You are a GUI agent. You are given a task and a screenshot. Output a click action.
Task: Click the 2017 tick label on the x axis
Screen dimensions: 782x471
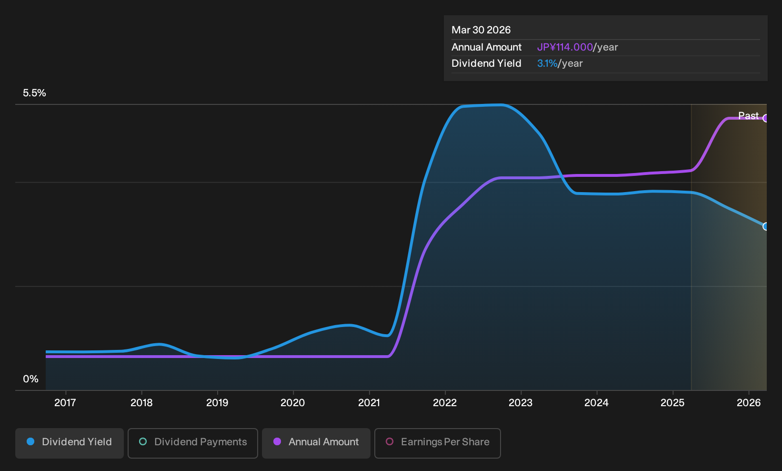[65, 403]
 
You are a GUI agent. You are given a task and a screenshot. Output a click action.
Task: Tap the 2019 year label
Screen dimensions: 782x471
[217, 403]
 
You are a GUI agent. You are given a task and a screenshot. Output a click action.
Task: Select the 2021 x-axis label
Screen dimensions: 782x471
[369, 403]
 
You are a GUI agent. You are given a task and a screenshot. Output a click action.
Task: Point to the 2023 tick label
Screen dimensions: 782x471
[521, 403]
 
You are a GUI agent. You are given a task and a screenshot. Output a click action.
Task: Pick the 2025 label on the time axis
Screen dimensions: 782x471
[673, 403]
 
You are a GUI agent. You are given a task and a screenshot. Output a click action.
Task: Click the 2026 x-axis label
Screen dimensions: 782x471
[749, 403]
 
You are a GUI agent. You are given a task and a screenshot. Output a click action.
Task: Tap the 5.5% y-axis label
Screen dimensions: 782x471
[34, 93]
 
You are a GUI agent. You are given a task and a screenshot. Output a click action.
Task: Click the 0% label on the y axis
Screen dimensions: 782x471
[31, 379]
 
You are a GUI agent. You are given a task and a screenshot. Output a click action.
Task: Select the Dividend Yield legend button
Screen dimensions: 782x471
[70, 443]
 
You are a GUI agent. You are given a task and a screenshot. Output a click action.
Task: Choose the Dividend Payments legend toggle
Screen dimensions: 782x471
[193, 443]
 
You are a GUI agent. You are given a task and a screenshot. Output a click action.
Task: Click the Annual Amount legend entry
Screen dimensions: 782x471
[316, 443]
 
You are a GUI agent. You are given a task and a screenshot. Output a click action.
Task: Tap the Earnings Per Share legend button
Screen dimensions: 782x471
[437, 443]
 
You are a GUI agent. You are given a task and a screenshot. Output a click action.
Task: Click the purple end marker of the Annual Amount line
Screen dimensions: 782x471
[766, 118]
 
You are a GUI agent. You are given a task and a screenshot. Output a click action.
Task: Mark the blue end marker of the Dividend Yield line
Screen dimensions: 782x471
[766, 226]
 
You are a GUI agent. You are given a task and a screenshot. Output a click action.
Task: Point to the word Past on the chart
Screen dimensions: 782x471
[749, 116]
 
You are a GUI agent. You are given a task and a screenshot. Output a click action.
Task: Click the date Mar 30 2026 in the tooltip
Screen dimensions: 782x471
[481, 30]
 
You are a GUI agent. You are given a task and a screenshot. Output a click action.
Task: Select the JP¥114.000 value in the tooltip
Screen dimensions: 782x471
[565, 47]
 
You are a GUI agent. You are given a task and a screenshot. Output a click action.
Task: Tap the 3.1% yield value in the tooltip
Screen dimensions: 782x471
[547, 63]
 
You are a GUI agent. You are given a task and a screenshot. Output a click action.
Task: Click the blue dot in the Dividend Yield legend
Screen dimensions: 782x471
[31, 441]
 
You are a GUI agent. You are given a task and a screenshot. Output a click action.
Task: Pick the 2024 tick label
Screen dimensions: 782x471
[597, 403]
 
